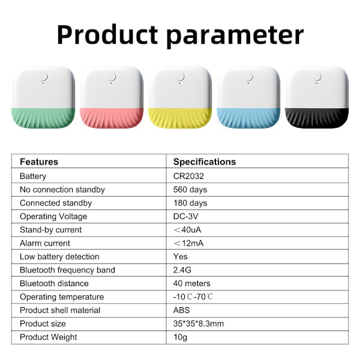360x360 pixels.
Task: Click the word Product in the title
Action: point(107,35)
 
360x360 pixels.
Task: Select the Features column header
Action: point(39,162)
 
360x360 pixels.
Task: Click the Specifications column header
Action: point(205,162)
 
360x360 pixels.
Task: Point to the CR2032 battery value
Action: point(188,176)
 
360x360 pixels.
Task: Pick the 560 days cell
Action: point(190,190)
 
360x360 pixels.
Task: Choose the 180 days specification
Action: point(190,203)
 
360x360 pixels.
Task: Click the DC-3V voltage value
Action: point(185,216)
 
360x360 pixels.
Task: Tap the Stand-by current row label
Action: point(50,230)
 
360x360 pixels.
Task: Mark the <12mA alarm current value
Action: point(188,243)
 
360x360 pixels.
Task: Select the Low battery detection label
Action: point(59,257)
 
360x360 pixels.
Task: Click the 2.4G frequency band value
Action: point(182,270)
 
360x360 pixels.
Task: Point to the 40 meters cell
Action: point(192,283)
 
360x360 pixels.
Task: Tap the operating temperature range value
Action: point(193,297)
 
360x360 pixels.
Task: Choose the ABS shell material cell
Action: point(181,310)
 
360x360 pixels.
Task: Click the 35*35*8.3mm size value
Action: point(199,324)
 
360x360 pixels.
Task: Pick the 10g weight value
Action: point(180,337)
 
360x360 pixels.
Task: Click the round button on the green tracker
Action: point(43,76)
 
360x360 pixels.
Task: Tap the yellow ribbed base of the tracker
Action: point(180,118)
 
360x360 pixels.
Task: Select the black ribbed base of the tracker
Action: point(317,118)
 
